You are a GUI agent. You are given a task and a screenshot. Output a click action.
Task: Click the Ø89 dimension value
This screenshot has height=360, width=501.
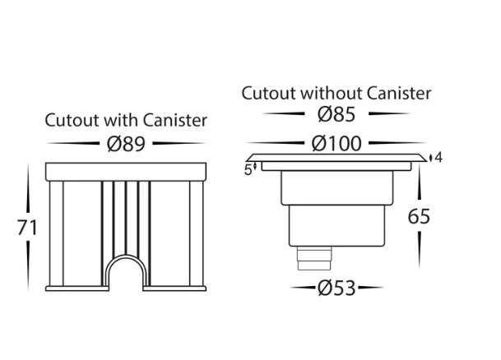(126, 144)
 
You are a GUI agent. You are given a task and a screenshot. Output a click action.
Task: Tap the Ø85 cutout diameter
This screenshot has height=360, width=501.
(336, 114)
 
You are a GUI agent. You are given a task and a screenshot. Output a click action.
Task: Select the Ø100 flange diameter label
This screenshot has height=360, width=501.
(336, 144)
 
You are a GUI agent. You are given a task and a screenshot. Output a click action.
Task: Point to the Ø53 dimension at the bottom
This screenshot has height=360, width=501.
(336, 288)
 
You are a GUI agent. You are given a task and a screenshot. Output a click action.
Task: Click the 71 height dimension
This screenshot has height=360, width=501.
(27, 228)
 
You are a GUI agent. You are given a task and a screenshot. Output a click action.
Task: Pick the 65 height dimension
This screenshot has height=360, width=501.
(419, 217)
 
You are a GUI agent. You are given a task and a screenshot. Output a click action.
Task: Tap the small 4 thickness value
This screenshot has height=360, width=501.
(438, 157)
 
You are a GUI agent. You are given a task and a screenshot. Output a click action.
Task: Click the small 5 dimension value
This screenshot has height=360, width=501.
(248, 170)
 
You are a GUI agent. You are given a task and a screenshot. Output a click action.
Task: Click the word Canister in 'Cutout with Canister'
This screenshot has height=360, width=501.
(174, 120)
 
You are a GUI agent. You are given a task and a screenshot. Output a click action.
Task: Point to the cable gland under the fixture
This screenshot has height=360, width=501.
(314, 258)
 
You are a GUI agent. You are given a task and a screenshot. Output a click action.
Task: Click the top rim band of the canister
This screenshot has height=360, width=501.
(126, 172)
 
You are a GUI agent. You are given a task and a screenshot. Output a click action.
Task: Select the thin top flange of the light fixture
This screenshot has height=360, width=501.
(336, 158)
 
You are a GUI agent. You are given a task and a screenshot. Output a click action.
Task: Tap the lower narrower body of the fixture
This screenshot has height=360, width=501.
(336, 226)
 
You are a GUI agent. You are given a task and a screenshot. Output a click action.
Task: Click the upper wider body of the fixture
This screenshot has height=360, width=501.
(337, 187)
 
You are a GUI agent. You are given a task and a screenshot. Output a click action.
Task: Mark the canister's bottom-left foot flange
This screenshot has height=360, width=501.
(77, 288)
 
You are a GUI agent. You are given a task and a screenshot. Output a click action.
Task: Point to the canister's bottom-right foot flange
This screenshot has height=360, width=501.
(174, 288)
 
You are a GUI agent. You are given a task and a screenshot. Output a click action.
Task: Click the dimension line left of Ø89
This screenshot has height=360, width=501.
(73, 143)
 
